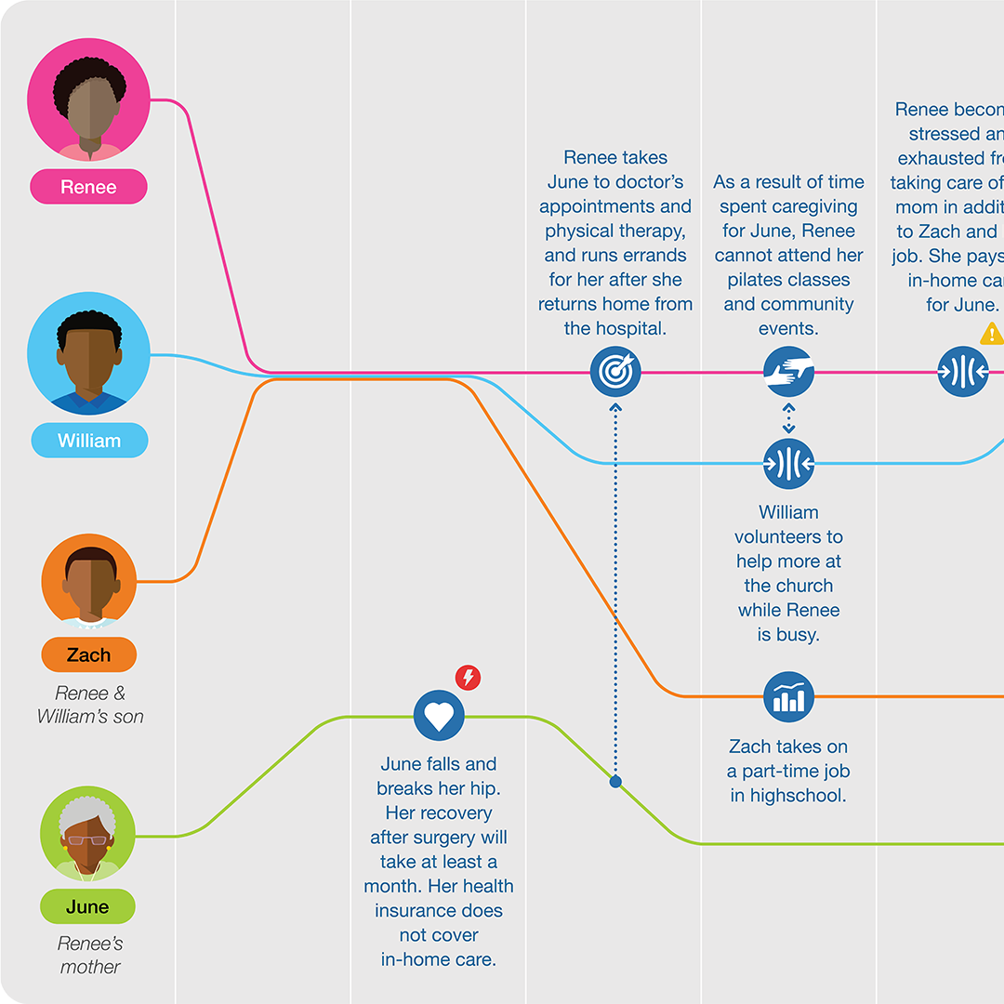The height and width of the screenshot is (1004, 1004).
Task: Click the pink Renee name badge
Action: point(88,187)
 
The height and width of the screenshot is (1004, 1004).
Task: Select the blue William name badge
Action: point(89,441)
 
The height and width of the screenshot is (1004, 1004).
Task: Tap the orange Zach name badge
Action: point(88,655)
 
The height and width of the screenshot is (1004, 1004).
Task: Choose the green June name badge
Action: point(87,906)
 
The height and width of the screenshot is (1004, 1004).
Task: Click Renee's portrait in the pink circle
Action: point(88,99)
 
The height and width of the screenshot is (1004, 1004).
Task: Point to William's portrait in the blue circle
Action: point(88,353)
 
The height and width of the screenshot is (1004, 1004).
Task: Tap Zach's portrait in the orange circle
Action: point(89,580)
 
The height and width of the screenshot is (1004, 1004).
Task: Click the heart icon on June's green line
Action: point(438,717)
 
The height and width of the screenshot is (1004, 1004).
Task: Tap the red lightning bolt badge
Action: point(469,678)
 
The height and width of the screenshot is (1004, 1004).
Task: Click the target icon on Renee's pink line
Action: point(615,372)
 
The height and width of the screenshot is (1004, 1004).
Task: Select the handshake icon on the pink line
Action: point(788,372)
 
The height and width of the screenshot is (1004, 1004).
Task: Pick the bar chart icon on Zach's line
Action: point(788,696)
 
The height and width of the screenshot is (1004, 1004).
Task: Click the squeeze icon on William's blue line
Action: point(788,463)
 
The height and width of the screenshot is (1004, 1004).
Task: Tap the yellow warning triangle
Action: point(991,333)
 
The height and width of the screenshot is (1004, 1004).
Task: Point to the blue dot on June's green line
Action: point(615,782)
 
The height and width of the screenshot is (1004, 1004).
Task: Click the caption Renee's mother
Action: point(90,955)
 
